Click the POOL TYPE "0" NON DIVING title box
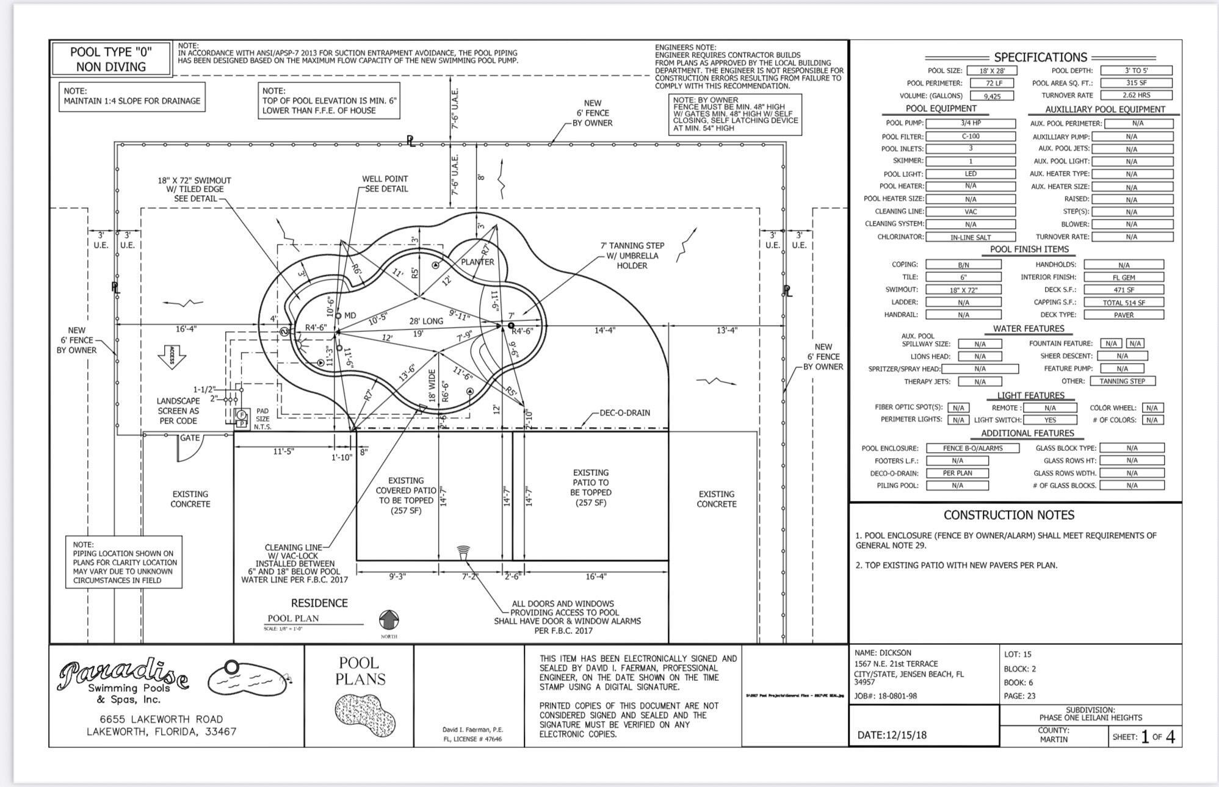tap(111, 59)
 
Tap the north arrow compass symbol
tap(389, 620)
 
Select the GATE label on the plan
tap(190, 438)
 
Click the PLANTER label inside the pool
tap(477, 262)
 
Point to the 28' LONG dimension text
tap(425, 321)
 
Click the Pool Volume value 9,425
tap(992, 96)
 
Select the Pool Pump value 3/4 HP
tap(970, 123)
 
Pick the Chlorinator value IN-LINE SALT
tap(970, 237)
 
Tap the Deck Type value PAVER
tap(1123, 315)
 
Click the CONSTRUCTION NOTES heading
tap(1008, 515)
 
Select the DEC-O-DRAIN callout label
tap(624, 413)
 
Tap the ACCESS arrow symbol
tap(172, 356)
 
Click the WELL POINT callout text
tap(385, 184)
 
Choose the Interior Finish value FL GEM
tap(1123, 278)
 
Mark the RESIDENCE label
tap(319, 603)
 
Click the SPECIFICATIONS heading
tap(1040, 57)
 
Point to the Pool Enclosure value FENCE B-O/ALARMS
tap(972, 448)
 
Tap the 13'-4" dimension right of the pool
tap(726, 331)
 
